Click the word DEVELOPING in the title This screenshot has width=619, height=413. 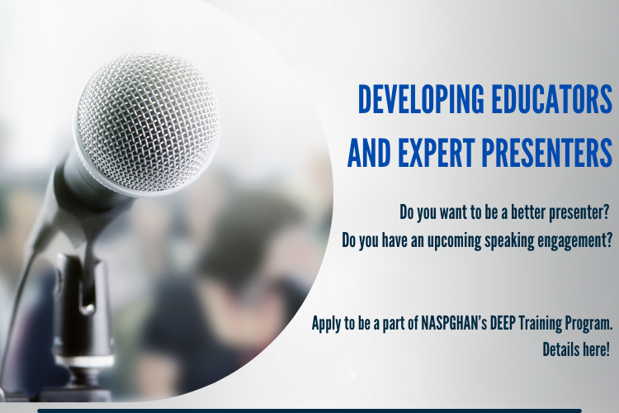(x=421, y=98)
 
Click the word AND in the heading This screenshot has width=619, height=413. (x=369, y=153)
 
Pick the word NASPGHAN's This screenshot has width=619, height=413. (x=454, y=323)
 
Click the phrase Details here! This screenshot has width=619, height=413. (x=576, y=349)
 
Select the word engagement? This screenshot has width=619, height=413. (x=575, y=240)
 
